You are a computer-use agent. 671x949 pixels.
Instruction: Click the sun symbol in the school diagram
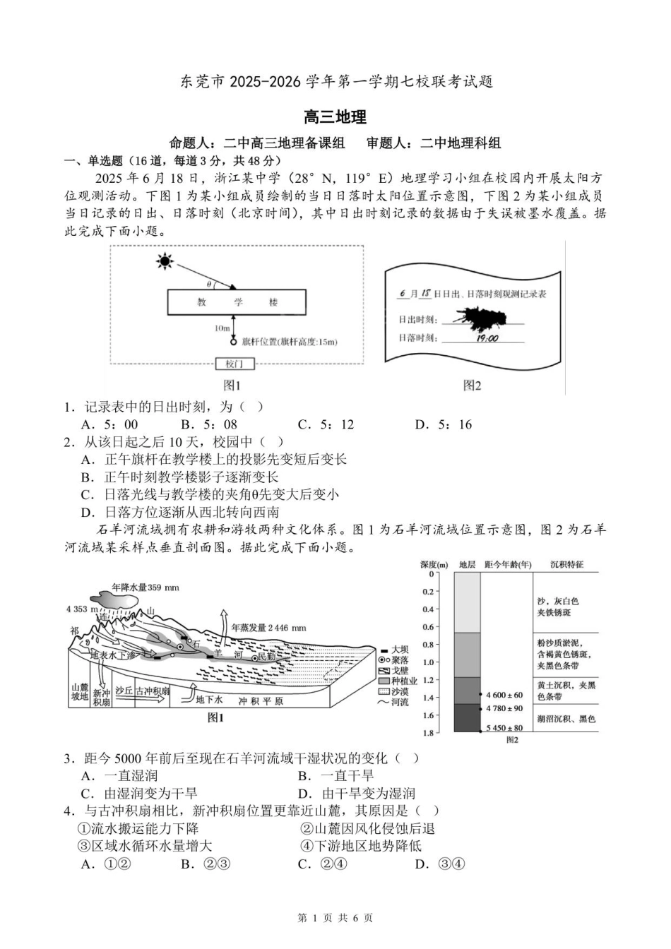point(165,263)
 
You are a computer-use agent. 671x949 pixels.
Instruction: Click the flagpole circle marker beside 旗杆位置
point(234,342)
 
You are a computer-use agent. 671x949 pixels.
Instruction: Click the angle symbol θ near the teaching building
point(209,283)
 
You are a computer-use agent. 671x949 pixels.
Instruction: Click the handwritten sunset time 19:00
point(487,338)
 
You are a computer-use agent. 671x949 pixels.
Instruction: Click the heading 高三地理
point(335,117)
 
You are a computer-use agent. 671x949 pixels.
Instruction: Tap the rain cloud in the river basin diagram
point(117,599)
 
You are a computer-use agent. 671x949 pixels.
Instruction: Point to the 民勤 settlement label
point(266,657)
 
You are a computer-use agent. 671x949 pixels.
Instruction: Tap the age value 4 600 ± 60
point(504,696)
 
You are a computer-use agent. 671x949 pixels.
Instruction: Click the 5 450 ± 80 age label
point(504,728)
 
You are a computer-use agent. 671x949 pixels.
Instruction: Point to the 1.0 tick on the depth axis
point(427,662)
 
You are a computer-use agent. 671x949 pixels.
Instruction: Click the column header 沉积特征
point(567,565)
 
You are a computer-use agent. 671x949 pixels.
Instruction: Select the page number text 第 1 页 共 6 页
point(335,918)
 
